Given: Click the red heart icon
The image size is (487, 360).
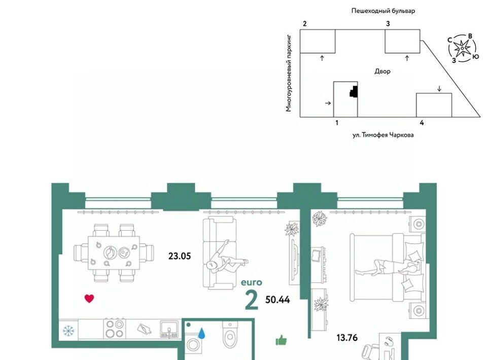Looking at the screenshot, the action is [89, 299].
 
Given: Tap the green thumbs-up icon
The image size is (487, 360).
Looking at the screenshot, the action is [282, 340].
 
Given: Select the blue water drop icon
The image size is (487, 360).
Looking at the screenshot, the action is [202, 333].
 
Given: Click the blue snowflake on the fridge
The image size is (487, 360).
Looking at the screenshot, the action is [68, 331].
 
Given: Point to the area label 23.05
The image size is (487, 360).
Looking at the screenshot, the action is [180, 256].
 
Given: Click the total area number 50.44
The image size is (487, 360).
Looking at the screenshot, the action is [277, 300].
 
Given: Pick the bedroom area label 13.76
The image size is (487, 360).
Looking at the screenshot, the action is [347, 337].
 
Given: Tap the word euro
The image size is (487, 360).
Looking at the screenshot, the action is [252, 282].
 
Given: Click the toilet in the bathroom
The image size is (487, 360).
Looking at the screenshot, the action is [230, 335].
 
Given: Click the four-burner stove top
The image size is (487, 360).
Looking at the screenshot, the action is [115, 329].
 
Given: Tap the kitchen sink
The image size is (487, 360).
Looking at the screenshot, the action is [169, 329].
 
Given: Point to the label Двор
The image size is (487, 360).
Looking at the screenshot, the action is [382, 71].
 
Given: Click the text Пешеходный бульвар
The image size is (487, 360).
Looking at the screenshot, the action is [383, 11].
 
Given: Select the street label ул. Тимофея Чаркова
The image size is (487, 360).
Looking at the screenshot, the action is [383, 135].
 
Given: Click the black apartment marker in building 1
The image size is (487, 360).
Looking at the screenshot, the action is [354, 92].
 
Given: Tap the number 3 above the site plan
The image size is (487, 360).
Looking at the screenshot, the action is [388, 24].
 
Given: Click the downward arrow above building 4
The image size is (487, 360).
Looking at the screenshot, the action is [439, 88].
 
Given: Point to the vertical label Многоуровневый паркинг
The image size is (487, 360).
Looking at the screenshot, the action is [289, 73].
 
